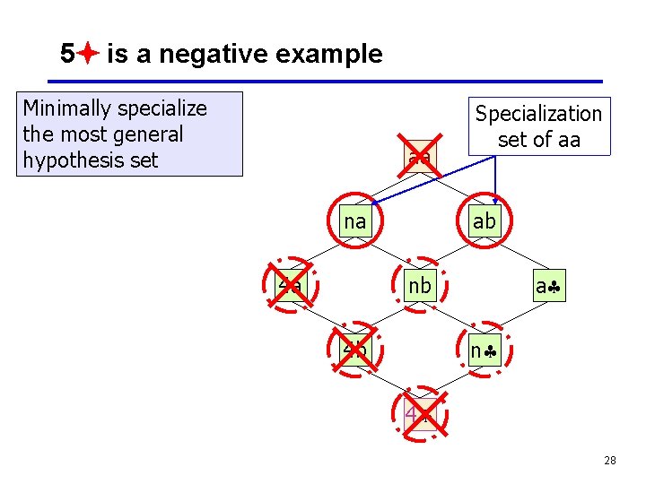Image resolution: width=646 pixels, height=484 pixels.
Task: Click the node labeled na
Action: (x=355, y=220)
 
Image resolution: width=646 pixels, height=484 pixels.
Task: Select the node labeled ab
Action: (x=484, y=220)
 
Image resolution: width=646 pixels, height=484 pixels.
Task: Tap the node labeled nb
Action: (x=419, y=286)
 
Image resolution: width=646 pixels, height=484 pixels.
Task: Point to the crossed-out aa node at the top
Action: (x=419, y=158)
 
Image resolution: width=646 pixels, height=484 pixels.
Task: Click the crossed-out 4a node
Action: (x=291, y=286)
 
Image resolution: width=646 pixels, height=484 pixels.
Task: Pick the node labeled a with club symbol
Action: (x=548, y=286)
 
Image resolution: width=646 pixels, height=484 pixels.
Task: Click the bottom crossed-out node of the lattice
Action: (x=419, y=414)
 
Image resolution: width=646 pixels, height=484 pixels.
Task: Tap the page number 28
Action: (x=609, y=461)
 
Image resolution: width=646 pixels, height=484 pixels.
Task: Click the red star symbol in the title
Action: (x=87, y=55)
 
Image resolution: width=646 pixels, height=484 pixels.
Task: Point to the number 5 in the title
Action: (x=67, y=55)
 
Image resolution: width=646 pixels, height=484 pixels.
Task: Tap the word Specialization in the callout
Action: (x=538, y=114)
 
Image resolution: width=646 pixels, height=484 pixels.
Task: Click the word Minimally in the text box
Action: (x=67, y=108)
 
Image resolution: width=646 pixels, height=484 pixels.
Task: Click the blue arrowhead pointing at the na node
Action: (x=374, y=203)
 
